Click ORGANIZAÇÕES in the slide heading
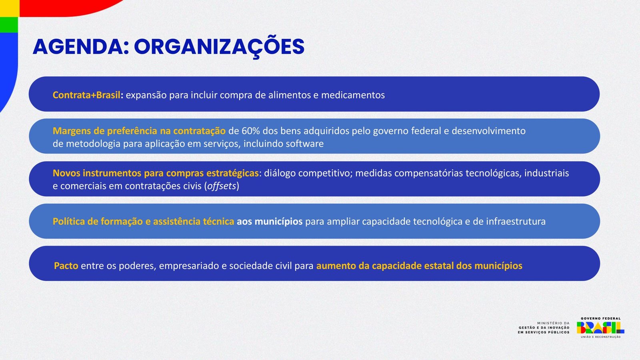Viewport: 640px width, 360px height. click(x=219, y=47)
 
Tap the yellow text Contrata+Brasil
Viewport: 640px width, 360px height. click(x=86, y=95)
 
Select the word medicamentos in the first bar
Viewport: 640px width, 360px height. click(x=353, y=95)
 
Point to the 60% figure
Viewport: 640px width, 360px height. click(x=250, y=131)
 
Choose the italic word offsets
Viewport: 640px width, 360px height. click(x=222, y=186)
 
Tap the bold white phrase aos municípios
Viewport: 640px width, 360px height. click(x=270, y=222)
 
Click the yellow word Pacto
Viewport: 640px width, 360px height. click(x=66, y=266)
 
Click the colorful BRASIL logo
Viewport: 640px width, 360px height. click(x=600, y=328)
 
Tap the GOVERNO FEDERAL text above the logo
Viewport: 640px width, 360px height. click(x=600, y=318)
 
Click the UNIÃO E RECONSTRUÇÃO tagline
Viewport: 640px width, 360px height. click(x=600, y=337)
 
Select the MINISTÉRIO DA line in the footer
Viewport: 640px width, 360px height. click(x=553, y=323)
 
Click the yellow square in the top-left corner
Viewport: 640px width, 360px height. click(x=10, y=8)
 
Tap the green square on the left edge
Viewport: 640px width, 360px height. click(x=9, y=24)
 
